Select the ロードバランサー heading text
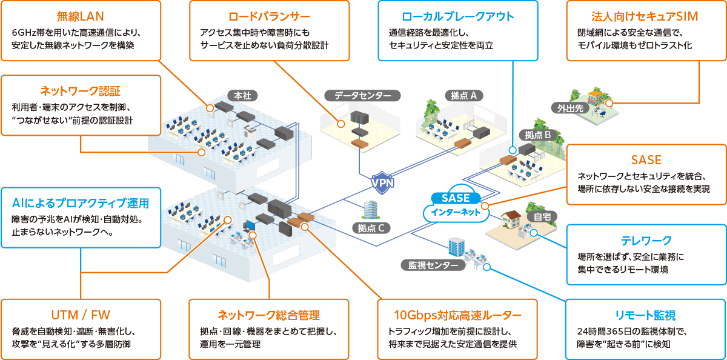point(270,16)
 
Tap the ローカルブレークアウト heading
point(457,16)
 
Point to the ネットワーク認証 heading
point(81,91)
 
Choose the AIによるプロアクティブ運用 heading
point(81,203)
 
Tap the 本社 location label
point(242,95)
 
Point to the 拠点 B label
point(537,135)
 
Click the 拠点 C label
point(371,228)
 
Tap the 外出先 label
point(566,108)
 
